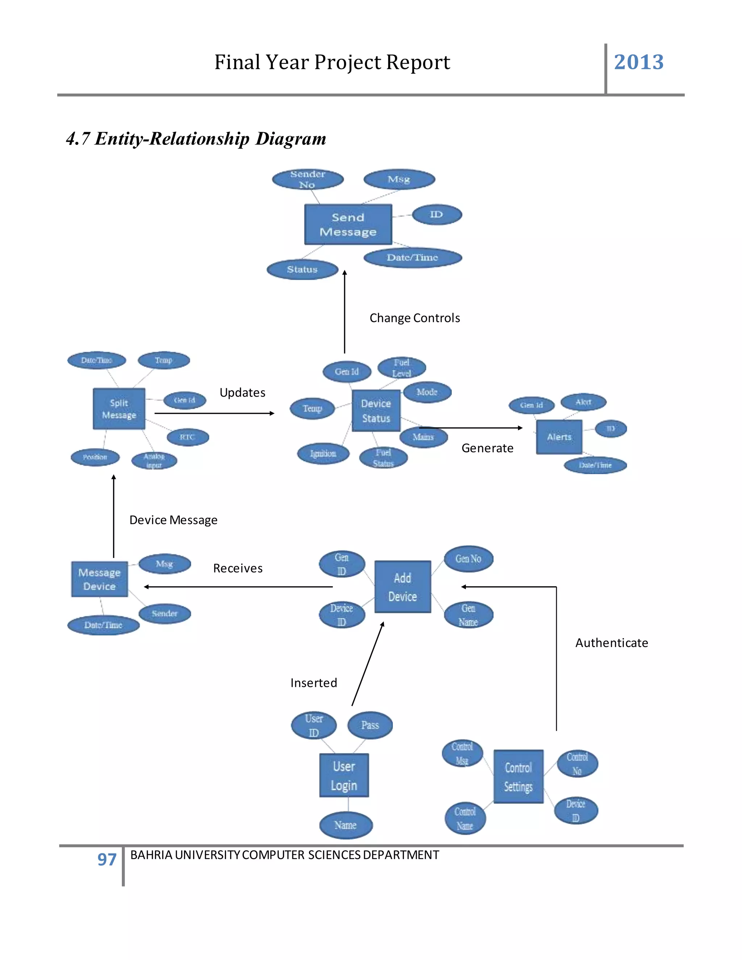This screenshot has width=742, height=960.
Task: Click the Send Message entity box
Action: coord(348,224)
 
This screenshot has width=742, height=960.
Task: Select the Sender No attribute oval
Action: coord(307,179)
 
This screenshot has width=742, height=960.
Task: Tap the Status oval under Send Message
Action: coord(302,270)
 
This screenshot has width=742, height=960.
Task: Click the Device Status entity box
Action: coord(376,410)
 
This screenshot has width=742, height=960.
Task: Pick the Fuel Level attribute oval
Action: coord(401,367)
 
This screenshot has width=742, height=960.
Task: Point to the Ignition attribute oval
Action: coord(323,453)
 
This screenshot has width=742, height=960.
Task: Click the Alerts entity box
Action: coord(559,437)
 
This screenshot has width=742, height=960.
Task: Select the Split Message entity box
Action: coord(119,408)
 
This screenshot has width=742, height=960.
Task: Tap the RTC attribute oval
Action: coord(187,437)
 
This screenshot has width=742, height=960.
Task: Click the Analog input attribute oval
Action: coord(154,461)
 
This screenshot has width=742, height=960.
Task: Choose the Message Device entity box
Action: coord(99,579)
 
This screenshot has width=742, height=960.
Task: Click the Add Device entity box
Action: coord(402,587)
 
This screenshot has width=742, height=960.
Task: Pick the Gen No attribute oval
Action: coord(468,559)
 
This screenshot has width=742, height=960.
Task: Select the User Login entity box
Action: coord(344,775)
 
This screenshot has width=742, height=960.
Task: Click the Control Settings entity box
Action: coord(518,776)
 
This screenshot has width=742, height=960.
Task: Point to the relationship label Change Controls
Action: coord(414,318)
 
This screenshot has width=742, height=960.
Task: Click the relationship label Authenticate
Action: coord(612,643)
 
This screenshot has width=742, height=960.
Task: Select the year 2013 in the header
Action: coord(638,62)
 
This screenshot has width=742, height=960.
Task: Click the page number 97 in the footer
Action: coord(107,859)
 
